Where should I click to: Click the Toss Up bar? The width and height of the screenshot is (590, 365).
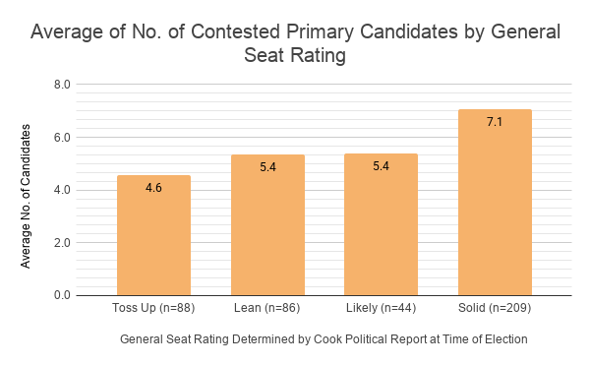(x=153, y=235)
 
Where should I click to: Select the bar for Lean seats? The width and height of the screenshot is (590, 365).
(x=267, y=225)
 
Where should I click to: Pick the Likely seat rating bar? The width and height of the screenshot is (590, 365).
(x=381, y=224)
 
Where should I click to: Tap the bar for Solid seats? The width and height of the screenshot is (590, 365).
(x=495, y=203)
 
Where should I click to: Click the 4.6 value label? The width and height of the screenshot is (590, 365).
(x=153, y=187)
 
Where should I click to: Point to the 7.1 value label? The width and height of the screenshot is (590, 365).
(x=495, y=122)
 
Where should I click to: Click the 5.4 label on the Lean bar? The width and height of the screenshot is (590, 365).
(x=267, y=166)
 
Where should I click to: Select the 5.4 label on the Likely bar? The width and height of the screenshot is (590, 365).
(x=381, y=166)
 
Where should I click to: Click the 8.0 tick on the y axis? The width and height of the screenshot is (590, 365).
(x=62, y=85)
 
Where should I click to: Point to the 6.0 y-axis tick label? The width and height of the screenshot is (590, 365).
(x=62, y=138)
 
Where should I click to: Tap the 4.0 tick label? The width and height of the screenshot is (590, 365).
(x=62, y=190)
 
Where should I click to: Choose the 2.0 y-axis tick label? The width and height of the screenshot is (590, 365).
(x=62, y=243)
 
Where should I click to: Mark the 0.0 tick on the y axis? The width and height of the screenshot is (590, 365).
(x=62, y=295)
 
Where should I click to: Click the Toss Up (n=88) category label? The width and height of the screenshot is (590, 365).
(x=153, y=308)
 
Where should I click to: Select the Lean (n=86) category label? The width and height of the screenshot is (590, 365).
(x=267, y=308)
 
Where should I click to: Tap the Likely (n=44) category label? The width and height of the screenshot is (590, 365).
(x=382, y=308)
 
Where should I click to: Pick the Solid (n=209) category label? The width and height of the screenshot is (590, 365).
(x=495, y=308)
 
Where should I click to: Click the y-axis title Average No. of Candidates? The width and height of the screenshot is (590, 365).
(x=26, y=197)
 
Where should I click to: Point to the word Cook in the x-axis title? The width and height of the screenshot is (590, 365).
(x=327, y=339)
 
